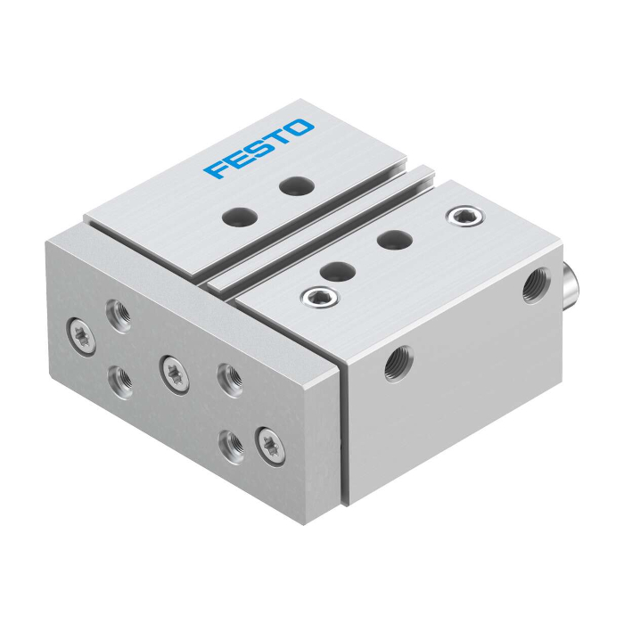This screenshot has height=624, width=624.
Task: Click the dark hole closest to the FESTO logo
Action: pos(297,185)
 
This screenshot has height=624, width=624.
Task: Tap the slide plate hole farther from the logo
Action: pos(240,216)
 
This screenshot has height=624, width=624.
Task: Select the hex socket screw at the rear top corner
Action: pos(465,216)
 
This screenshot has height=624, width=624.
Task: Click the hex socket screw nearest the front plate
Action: pos(320,297)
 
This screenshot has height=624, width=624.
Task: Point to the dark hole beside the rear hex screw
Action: pos(394,240)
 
